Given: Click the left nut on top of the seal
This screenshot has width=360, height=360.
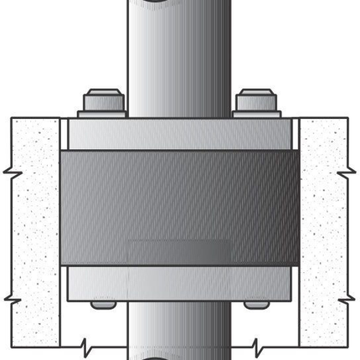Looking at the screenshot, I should (104, 100).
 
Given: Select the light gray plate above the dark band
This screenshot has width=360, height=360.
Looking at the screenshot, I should (180, 134).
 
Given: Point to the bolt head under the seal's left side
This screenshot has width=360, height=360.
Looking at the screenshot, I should (104, 304).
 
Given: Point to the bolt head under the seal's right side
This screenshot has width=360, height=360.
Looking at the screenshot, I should (256, 304).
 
